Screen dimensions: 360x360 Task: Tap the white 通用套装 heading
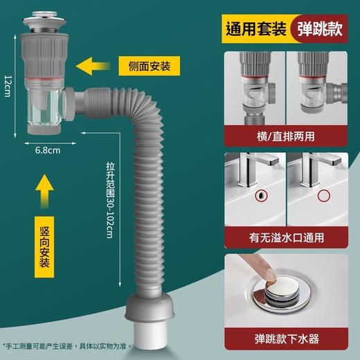(x=258, y=30)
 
